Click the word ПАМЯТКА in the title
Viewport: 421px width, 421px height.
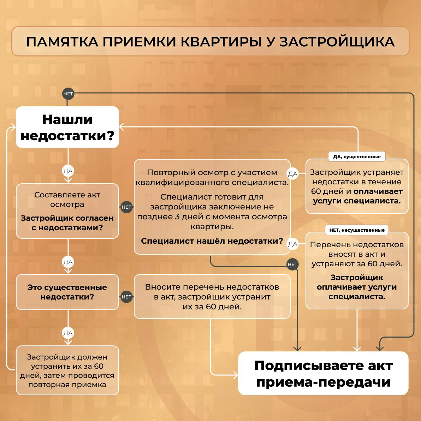(62, 42)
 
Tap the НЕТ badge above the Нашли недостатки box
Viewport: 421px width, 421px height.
(68, 94)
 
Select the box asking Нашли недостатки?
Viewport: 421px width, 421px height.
(67, 127)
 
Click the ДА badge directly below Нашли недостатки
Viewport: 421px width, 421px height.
(68, 171)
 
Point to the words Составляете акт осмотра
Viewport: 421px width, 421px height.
(67, 200)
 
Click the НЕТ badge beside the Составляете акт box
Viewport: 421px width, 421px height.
(126, 207)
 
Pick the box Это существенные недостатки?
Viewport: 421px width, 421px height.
(67, 292)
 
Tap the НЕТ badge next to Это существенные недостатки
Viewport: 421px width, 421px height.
(126, 297)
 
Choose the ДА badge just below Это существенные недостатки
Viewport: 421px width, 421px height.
(68, 333)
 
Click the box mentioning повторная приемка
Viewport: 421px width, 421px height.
(67, 370)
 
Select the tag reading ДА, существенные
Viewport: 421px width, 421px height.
(357, 156)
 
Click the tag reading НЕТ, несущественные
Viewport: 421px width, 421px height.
(357, 230)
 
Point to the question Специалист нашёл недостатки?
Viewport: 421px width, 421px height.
(212, 241)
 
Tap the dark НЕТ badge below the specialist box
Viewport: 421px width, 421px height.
(292, 264)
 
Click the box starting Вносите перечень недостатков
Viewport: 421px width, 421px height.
(212, 297)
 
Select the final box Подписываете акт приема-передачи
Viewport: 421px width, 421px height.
(323, 373)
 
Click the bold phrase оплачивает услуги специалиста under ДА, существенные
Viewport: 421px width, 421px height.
(357, 196)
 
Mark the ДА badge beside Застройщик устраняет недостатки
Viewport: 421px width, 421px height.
(293, 174)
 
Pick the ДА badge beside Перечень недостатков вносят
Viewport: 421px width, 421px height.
(293, 244)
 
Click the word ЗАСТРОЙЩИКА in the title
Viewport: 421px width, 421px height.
(337, 42)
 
